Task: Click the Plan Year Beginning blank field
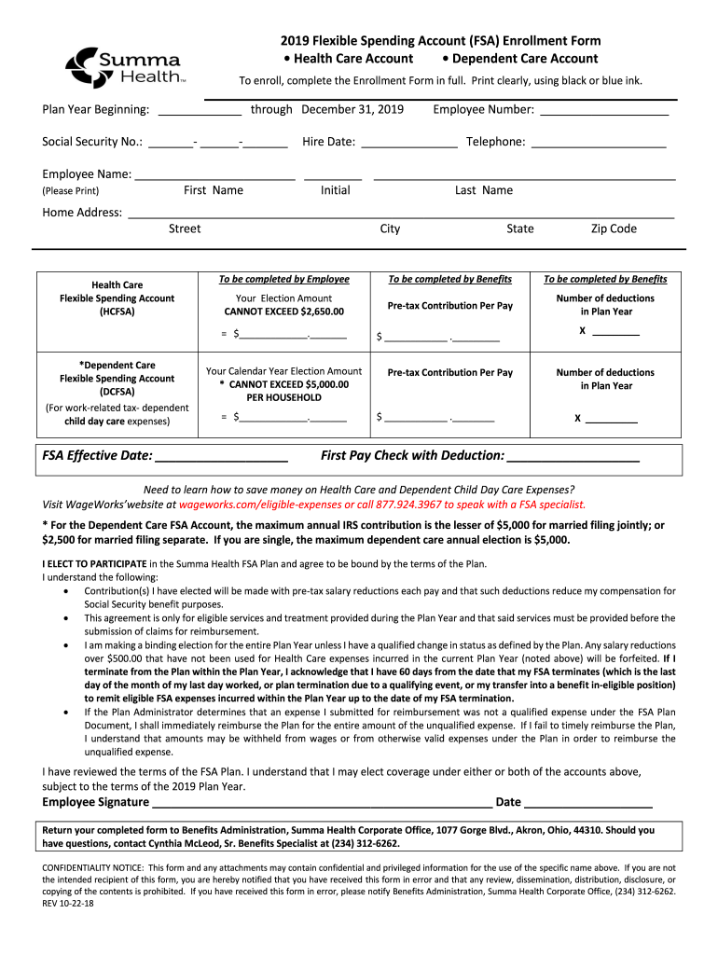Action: pos(200,111)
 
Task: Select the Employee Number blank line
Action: pos(604,111)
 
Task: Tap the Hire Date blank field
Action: pos(408,144)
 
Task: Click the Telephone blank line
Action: pos(597,144)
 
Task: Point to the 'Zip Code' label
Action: pos(614,228)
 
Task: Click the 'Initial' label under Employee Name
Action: pos(335,190)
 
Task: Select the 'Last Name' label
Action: pos(483,190)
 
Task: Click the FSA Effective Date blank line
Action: pos(221,457)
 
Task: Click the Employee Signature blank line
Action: pos(322,803)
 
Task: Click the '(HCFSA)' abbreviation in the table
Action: pos(117,311)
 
